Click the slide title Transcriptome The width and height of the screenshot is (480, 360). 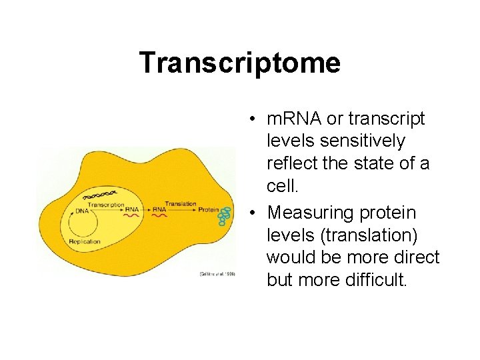(239, 63)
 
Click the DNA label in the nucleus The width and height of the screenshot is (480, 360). (81, 211)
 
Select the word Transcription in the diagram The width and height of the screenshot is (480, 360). (106, 204)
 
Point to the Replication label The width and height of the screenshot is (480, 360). (84, 241)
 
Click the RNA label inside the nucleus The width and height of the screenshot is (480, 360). (131, 209)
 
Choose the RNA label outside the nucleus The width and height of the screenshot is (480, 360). (159, 209)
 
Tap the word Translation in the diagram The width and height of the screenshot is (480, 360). (180, 203)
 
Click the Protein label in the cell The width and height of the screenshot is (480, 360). (208, 209)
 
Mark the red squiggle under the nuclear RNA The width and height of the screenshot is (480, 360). (131, 216)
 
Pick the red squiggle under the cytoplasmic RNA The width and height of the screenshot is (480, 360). (160, 216)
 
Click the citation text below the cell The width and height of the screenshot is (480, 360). (217, 274)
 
